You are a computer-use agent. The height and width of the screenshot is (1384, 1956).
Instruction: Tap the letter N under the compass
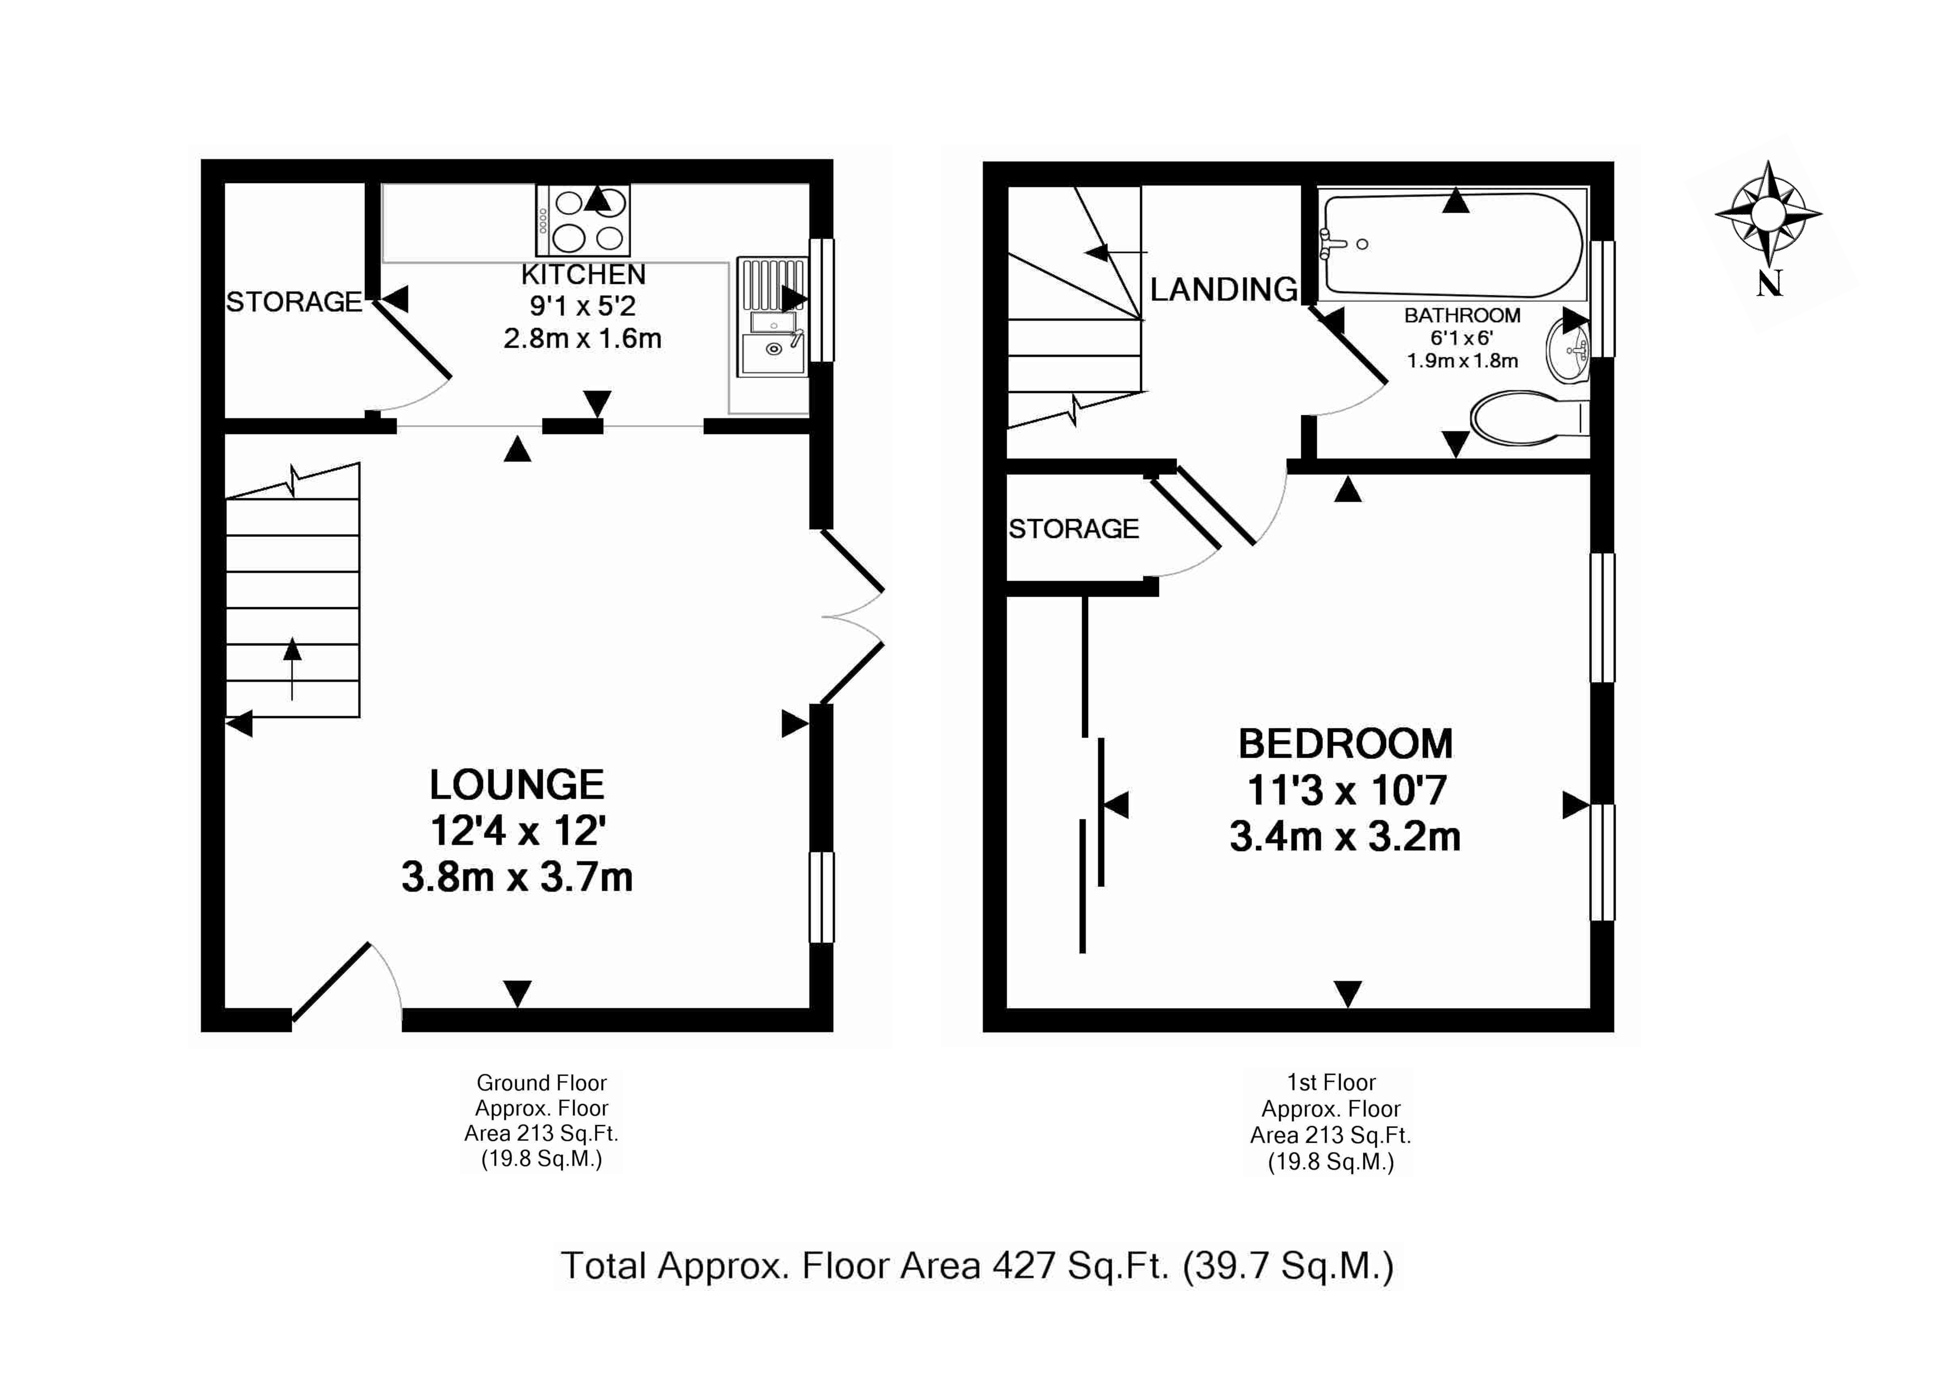(1769, 284)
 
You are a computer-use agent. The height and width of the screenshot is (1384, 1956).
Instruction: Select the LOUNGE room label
(517, 785)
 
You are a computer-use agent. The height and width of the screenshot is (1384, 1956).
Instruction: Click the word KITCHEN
(583, 275)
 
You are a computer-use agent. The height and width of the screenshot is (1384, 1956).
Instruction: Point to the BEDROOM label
(1346, 744)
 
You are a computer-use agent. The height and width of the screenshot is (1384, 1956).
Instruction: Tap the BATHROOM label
(1462, 315)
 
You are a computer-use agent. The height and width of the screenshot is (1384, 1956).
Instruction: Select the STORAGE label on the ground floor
(294, 302)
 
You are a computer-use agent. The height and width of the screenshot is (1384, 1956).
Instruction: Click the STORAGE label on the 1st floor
(1074, 529)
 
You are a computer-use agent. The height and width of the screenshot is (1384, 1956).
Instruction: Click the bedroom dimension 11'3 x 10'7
(1346, 791)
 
